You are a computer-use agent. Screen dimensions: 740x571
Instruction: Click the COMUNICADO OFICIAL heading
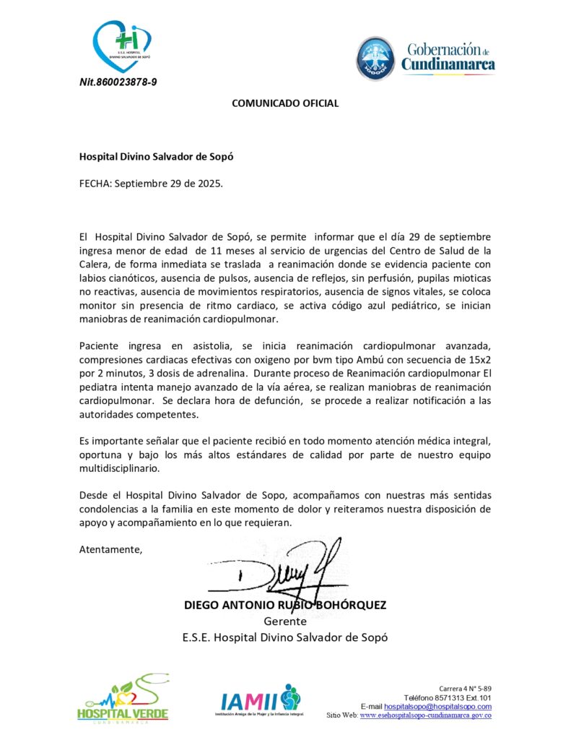click(284, 103)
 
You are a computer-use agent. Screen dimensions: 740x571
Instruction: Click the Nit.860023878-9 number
click(118, 82)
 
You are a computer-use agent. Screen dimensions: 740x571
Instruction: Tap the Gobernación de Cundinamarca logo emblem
click(375, 59)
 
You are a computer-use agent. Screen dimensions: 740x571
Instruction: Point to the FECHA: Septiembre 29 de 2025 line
click(151, 183)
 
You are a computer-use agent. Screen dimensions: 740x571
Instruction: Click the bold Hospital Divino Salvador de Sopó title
click(156, 155)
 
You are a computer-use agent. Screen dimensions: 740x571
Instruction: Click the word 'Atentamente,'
click(110, 549)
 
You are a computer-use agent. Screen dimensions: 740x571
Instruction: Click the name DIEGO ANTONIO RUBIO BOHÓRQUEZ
click(285, 605)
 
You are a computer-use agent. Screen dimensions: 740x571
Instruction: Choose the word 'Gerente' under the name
click(285, 621)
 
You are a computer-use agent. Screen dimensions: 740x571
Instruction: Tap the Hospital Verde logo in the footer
click(123, 701)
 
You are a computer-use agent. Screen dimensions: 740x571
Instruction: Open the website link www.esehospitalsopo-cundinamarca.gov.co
click(425, 715)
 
